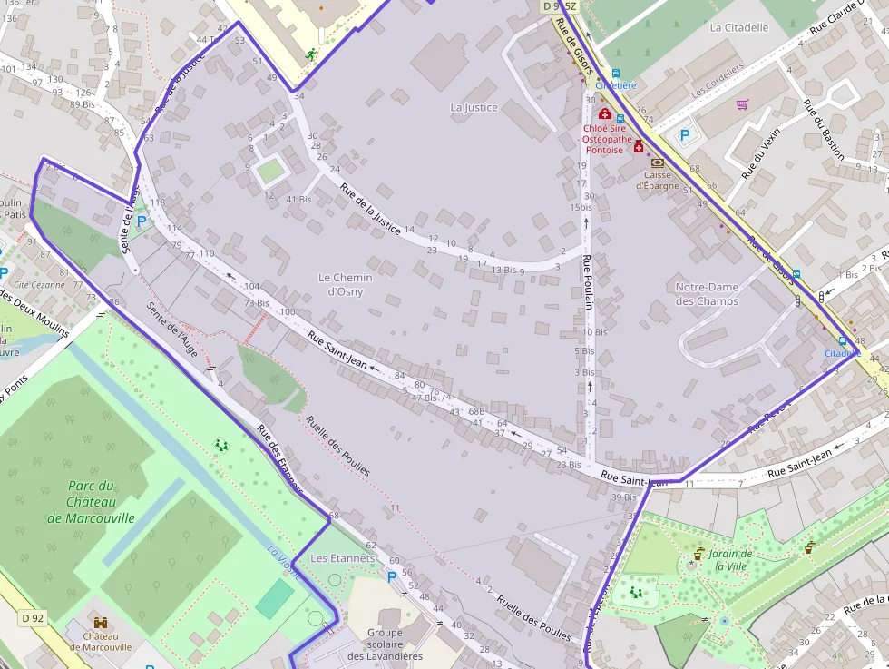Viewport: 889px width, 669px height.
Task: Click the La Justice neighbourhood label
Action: pyautogui.click(x=474, y=107)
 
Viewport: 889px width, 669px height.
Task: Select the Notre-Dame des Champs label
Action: pyautogui.click(x=707, y=294)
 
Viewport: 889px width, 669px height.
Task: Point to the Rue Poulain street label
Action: pyautogui.click(x=588, y=282)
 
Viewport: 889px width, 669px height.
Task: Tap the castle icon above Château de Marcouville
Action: pyautogui.click(x=101, y=624)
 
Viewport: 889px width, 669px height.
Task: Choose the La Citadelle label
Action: pyautogui.click(x=738, y=27)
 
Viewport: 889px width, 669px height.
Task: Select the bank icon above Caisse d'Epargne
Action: pyautogui.click(x=658, y=162)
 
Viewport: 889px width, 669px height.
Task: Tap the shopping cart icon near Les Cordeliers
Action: pyautogui.click(x=743, y=104)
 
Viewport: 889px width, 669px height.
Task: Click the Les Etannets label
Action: pyautogui.click(x=342, y=557)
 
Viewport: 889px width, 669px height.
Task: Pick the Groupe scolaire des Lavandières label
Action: pyautogui.click(x=385, y=644)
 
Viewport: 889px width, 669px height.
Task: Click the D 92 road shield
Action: pyautogui.click(x=33, y=618)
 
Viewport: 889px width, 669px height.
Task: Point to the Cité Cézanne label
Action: pyautogui.click(x=39, y=284)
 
